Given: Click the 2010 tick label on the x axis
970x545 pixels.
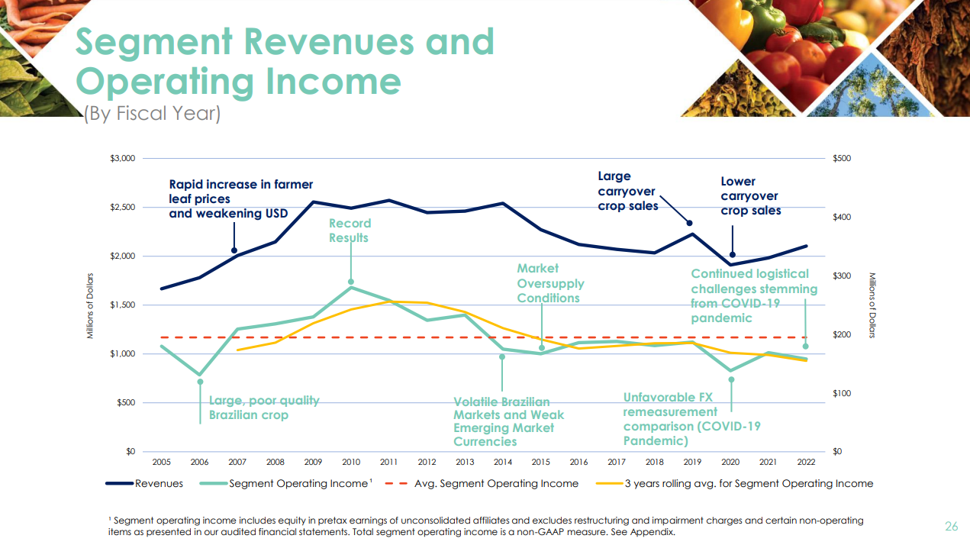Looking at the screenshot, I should (351, 462).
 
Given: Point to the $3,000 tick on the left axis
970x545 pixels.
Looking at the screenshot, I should (122, 159).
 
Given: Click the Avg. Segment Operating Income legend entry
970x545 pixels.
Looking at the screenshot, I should (496, 483).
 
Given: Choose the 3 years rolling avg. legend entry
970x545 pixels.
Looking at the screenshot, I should (748, 483).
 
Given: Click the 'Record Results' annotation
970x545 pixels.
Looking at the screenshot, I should (350, 231).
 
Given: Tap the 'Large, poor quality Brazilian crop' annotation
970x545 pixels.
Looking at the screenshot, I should (264, 408).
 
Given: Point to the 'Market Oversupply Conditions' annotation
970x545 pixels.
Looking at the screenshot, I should (550, 283).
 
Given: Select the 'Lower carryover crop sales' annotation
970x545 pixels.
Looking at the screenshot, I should (750, 196).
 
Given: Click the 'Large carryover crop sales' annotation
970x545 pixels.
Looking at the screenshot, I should (627, 191).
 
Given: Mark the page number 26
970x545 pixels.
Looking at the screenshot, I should (951, 526).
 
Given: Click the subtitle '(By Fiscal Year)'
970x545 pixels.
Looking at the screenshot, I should (152, 114).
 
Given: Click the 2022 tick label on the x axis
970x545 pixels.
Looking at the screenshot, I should (806, 462).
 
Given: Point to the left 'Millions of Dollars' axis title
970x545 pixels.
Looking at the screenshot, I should (89, 305).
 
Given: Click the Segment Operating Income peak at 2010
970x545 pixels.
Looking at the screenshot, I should (351, 287).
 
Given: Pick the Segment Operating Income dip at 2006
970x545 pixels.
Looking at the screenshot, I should (200, 375).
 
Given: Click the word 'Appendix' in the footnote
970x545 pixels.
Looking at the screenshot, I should (654, 532).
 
